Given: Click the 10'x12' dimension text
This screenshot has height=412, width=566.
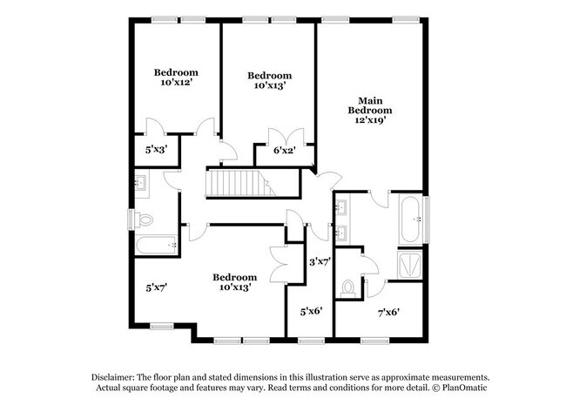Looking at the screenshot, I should coord(176,84).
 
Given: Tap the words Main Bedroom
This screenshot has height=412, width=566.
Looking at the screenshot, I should coord(370,105).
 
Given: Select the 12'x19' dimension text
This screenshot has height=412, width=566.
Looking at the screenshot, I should coord(370,121).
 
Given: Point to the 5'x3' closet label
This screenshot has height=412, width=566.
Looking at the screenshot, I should coord(156,149).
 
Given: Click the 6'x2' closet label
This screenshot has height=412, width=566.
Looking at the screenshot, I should coord(284,151).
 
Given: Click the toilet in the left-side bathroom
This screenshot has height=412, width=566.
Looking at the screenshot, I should coord(145,218).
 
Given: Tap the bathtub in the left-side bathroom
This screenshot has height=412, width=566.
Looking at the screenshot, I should coord(157,246).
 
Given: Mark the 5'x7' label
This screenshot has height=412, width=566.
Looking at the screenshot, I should coord(156,285).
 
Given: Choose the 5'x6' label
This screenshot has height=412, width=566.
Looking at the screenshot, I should coord(312,309).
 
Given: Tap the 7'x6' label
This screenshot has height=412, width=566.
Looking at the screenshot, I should coord(388,310).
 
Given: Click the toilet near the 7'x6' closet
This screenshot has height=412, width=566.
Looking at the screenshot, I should coord(350,285).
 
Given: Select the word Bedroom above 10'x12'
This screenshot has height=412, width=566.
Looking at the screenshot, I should coord(176,72).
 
